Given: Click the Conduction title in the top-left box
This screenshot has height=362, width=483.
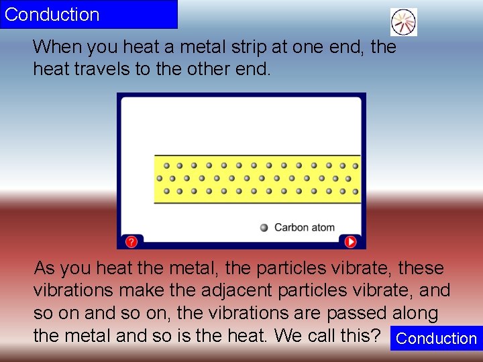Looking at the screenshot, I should (52, 14).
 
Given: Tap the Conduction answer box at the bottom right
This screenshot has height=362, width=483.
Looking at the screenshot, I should (436, 339).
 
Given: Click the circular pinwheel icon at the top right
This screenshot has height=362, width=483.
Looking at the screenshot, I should (404, 22).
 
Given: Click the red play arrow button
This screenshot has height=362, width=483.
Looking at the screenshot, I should (350, 241).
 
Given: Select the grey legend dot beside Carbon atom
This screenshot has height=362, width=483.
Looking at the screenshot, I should (264, 227).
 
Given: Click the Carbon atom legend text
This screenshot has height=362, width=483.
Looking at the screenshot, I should (304, 227).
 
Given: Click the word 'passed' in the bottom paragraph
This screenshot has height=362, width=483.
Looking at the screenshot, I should (356, 313).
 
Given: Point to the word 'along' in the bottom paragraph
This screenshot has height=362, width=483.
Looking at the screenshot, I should (415, 313).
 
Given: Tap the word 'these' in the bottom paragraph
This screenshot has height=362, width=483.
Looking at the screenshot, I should (421, 268).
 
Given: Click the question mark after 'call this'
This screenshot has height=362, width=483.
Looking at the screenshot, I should (377, 335).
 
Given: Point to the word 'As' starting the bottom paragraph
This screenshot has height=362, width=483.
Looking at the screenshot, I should (44, 268).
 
